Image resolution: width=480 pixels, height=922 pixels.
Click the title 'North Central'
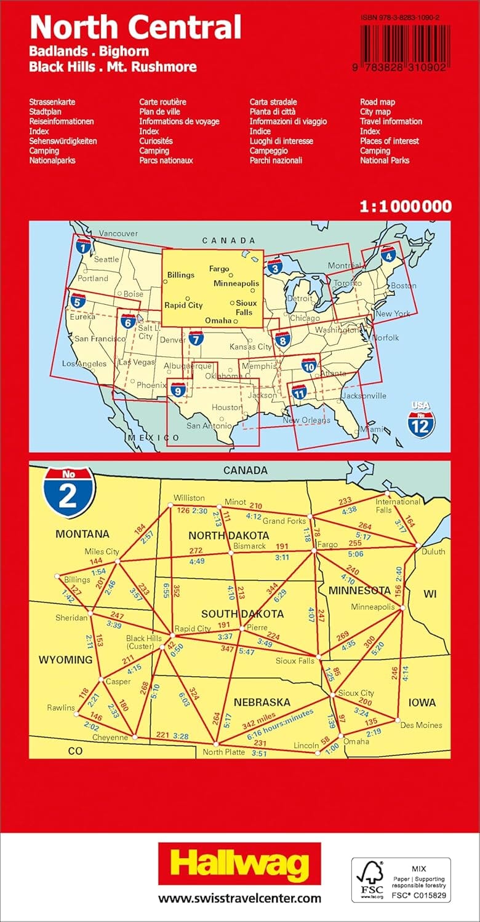click(135, 28)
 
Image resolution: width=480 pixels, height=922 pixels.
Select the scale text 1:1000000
click(406, 207)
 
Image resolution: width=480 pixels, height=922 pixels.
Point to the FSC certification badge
click(401, 880)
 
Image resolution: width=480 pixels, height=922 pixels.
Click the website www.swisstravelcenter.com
click(240, 898)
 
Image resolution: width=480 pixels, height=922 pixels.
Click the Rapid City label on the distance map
click(193, 629)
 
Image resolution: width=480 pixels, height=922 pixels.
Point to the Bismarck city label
click(249, 546)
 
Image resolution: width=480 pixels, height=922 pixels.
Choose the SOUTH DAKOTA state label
click(242, 613)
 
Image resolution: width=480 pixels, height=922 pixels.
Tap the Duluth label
click(433, 551)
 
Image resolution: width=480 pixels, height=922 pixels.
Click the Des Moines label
click(421, 725)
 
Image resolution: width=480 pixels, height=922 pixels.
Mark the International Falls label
click(398, 506)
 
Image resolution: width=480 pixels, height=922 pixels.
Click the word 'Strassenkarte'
click(52, 102)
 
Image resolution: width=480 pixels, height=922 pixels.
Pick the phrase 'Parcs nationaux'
click(166, 160)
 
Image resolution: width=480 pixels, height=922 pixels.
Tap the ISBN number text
click(404, 19)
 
